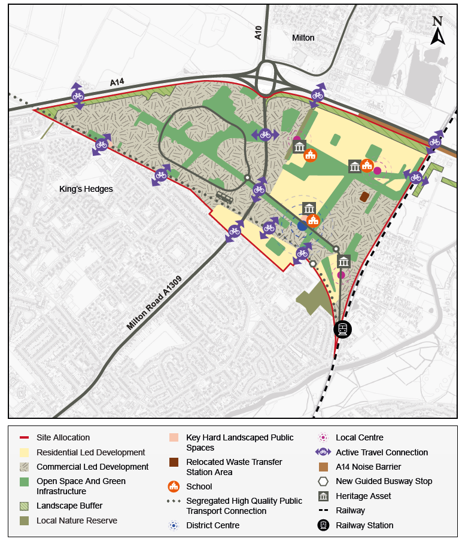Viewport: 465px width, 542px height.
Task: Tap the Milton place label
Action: coord(303,38)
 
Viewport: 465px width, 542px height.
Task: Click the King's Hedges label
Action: coord(86,189)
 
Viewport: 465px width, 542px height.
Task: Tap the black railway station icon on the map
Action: coord(342,329)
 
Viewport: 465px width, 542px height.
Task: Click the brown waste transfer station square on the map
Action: coord(364,197)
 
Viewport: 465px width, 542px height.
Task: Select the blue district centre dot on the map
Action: coord(302,225)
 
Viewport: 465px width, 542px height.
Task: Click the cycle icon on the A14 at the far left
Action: coord(77,96)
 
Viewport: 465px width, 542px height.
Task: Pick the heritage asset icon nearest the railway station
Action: coord(344,261)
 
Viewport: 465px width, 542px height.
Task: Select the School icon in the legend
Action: coord(174,486)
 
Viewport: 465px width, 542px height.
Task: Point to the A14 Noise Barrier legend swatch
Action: coord(323,467)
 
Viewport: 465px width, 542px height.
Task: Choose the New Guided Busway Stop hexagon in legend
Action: coord(323,481)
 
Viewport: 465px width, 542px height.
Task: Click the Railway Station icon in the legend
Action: coord(323,525)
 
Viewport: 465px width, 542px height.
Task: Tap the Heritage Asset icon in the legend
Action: coord(323,496)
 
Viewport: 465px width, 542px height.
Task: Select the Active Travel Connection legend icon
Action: coord(323,452)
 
